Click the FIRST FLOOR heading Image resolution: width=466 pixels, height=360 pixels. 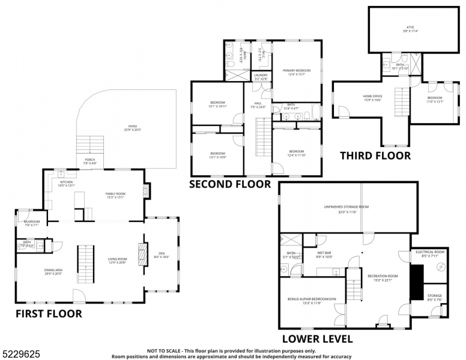48,313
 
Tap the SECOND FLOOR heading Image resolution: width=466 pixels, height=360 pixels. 230,184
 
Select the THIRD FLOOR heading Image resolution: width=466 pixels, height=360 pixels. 375,155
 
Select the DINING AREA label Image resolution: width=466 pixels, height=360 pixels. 53,270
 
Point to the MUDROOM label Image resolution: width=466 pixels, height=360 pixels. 31,222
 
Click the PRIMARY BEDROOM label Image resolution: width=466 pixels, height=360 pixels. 296,71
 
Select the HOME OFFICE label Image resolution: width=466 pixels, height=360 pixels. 372,96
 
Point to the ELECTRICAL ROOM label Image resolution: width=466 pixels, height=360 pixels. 429,252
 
